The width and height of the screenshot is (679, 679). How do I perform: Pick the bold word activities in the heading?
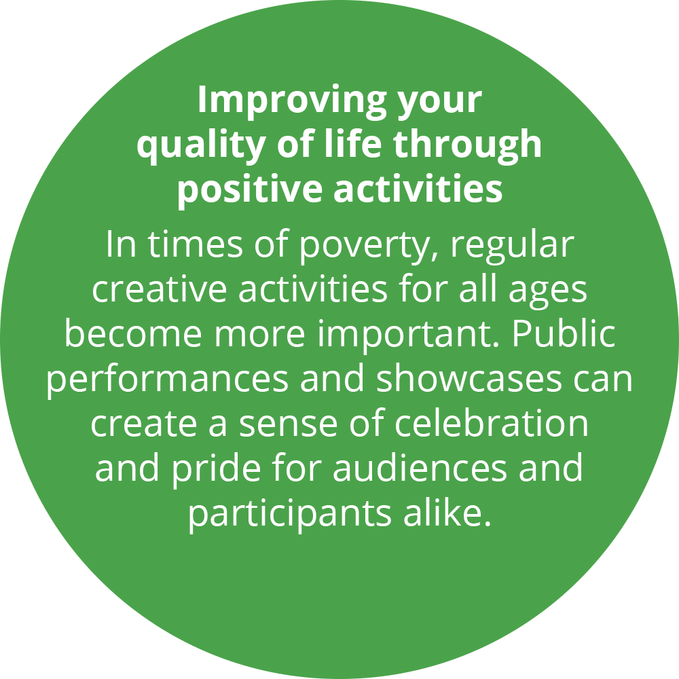[x=418, y=188]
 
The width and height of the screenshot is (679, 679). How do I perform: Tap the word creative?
[x=160, y=289]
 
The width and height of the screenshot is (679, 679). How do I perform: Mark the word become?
[x=133, y=333]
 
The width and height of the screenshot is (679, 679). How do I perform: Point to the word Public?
[x=564, y=333]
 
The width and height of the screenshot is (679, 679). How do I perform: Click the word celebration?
[x=492, y=422]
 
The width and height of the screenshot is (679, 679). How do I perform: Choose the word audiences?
[x=420, y=468]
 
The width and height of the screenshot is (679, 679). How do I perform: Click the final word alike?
[x=447, y=513]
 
